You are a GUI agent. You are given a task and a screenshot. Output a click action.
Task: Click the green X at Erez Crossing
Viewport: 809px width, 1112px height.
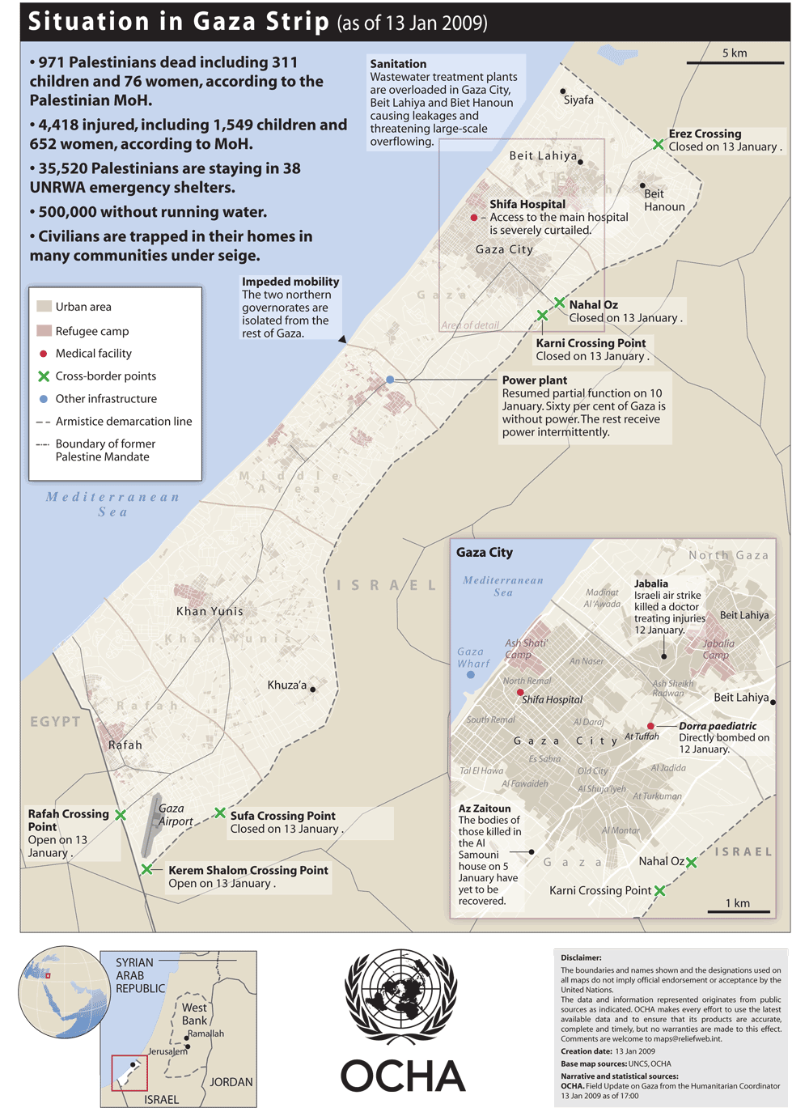[x=659, y=144]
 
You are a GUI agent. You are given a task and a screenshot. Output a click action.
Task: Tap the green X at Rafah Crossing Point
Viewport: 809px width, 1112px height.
[x=121, y=815]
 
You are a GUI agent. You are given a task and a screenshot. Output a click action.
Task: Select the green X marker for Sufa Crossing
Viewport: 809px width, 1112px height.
[x=220, y=813]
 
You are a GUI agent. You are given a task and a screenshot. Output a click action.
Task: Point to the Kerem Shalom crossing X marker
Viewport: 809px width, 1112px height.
[x=146, y=869]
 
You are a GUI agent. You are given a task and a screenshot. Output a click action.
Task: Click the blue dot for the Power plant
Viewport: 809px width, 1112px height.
[x=390, y=380]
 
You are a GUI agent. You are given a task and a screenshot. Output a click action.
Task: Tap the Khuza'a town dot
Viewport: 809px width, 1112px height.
[x=313, y=690]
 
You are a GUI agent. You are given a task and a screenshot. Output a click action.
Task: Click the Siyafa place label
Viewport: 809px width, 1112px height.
[x=578, y=100]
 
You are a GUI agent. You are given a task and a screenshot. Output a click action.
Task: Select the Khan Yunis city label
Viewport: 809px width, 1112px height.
[x=210, y=611]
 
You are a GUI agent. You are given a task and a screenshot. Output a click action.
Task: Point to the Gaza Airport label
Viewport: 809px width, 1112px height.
[x=176, y=814]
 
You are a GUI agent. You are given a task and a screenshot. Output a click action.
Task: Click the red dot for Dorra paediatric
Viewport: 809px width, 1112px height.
[x=650, y=726]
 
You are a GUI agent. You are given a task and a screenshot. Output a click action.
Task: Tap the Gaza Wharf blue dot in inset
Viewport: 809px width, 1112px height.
[x=471, y=674]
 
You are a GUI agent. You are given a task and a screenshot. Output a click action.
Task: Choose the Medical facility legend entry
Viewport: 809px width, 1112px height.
[x=93, y=354]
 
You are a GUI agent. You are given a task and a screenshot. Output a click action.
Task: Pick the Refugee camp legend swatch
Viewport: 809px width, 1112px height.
[x=44, y=330]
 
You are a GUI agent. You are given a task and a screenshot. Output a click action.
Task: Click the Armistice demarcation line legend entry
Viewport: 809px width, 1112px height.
[x=123, y=422]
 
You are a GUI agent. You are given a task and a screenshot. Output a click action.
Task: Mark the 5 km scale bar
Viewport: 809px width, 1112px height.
[x=735, y=62]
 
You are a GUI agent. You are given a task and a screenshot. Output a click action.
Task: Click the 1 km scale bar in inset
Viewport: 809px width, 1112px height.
[x=738, y=912]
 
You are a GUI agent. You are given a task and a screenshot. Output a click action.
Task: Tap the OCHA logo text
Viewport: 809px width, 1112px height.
[x=402, y=1076]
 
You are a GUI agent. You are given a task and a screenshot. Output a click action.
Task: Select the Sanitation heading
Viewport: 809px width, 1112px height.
[x=398, y=64]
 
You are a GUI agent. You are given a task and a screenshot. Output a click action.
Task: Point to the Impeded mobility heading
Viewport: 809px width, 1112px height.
[x=290, y=282]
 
